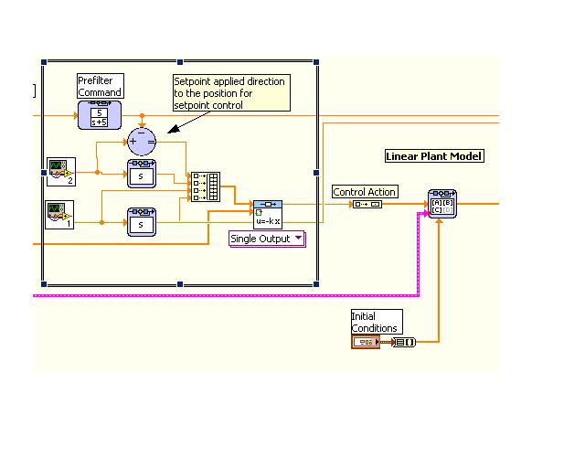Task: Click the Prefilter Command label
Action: tap(100, 87)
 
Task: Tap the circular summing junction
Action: tap(142, 140)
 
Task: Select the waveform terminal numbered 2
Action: tap(60, 170)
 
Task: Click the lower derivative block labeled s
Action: tap(142, 221)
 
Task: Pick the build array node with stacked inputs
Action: tap(206, 186)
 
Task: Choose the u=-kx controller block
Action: tap(268, 214)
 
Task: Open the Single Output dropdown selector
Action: tap(266, 239)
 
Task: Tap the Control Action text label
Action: tap(365, 192)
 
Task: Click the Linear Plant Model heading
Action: tap(434, 156)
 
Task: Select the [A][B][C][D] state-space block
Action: tap(442, 204)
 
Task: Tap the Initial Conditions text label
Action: tap(375, 322)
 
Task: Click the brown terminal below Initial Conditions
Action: tap(366, 342)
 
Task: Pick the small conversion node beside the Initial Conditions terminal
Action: tap(403, 342)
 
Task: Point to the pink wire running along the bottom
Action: tap(229, 296)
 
